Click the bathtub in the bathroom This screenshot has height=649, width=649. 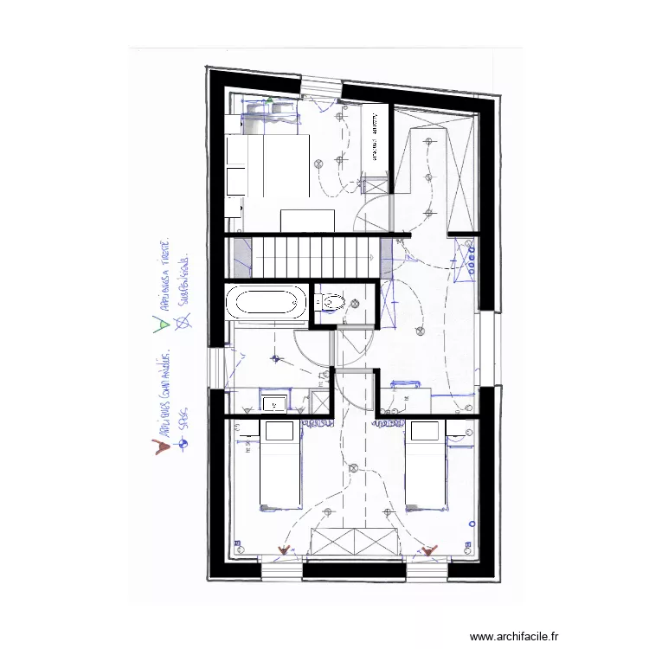point(266,304)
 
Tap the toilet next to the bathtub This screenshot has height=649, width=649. point(331,303)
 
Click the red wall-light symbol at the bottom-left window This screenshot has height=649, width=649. point(282,549)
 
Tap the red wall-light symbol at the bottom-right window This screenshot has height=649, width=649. point(430,549)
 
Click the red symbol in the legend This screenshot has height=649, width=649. point(159,447)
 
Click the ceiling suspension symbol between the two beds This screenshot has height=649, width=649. point(352,468)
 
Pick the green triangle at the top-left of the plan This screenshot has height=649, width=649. point(269,101)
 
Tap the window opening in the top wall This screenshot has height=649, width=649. point(321,86)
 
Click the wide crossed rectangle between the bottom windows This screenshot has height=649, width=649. point(355,542)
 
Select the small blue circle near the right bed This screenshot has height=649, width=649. point(472,524)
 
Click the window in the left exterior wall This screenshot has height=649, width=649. point(213,368)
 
